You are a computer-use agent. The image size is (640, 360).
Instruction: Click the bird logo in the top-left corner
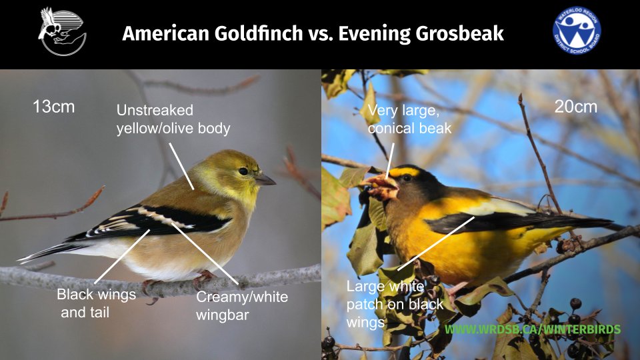point(62,31)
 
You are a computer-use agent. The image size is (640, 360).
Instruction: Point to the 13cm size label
point(53,107)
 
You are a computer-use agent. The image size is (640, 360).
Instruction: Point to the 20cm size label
point(576,107)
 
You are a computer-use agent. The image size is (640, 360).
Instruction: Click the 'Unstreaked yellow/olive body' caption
point(173,119)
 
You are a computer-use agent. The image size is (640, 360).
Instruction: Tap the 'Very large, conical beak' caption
point(409,119)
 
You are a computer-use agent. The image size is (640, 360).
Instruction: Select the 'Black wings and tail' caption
point(96,303)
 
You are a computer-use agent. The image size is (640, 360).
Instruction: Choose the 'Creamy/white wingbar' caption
point(241,305)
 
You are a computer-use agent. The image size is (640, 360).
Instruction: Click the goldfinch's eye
point(244,171)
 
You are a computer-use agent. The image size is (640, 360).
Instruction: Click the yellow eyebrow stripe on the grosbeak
point(405,171)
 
